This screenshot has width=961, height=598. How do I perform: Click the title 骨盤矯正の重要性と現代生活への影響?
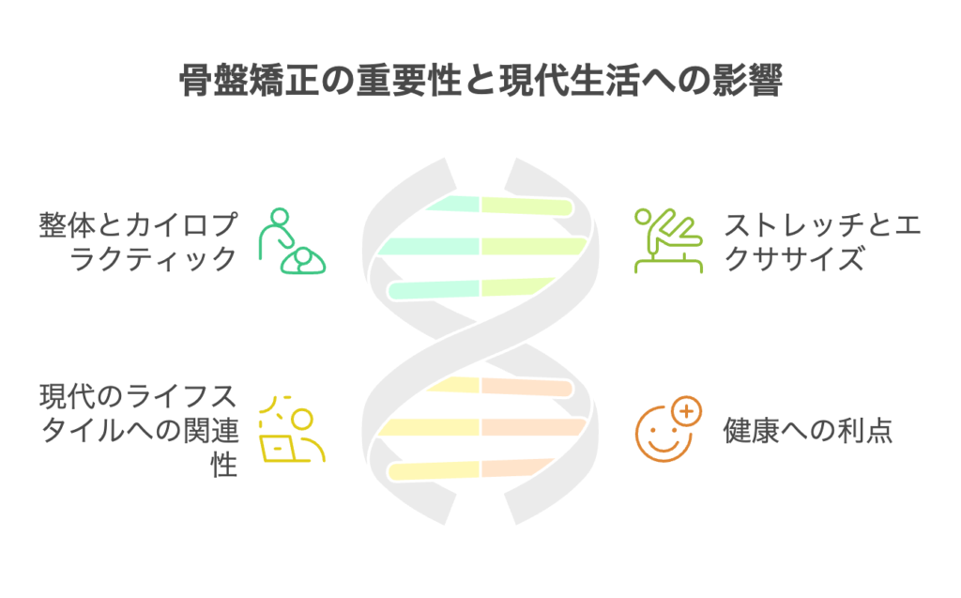tap(480, 81)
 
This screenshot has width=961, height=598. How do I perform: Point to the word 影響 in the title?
tap(748, 81)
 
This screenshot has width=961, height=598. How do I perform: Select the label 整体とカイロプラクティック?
tap(138, 241)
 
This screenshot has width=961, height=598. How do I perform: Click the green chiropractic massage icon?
tap(292, 241)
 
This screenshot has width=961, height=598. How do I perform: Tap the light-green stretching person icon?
tap(668, 241)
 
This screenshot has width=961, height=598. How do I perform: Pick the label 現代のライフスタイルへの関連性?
tap(138, 431)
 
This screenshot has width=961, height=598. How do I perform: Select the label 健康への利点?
tap(808, 431)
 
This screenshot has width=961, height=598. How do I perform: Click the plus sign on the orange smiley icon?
tap(686, 411)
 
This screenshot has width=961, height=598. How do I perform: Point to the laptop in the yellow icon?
tap(278, 449)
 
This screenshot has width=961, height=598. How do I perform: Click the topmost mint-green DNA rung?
tap(452, 205)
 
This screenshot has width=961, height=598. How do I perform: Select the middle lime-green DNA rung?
tap(534, 246)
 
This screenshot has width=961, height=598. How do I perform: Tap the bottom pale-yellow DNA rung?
tap(434, 470)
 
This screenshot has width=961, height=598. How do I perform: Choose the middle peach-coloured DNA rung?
tap(534, 427)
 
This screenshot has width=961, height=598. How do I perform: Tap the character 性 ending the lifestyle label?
tap(223, 465)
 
